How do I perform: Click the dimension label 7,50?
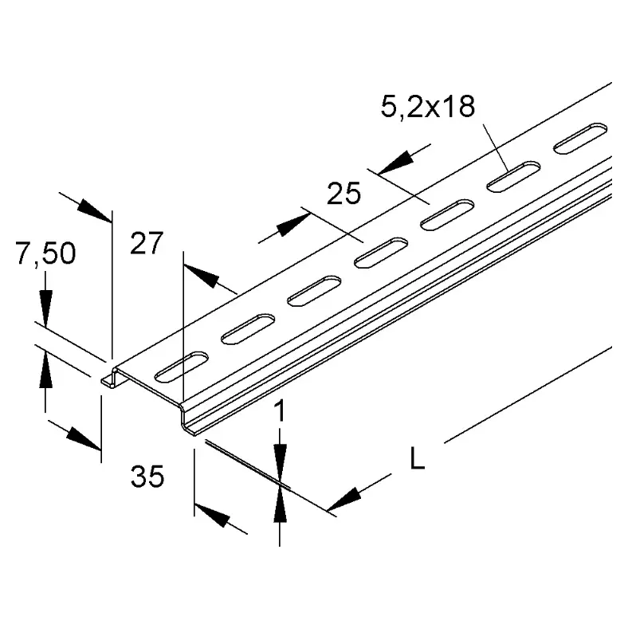tap(45, 254)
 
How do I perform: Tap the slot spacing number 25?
tap(344, 193)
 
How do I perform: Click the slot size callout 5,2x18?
tap(427, 108)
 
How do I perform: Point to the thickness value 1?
tap(279, 412)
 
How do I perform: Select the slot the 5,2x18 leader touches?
tap(512, 178)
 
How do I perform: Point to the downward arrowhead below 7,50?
tap(45, 308)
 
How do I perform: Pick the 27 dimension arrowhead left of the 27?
tap(95, 209)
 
